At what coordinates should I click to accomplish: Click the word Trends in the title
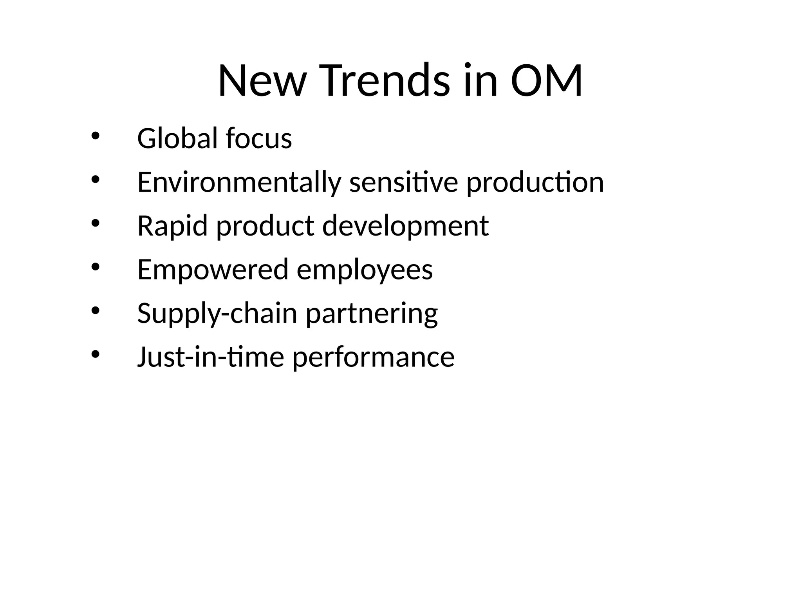385,81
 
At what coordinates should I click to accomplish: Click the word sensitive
403,183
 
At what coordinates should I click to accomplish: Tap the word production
535,183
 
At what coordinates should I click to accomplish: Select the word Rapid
172,226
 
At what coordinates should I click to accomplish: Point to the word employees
365,270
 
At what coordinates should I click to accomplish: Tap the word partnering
372,314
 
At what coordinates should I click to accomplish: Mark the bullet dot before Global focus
95,136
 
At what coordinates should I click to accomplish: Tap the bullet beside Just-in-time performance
95,354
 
